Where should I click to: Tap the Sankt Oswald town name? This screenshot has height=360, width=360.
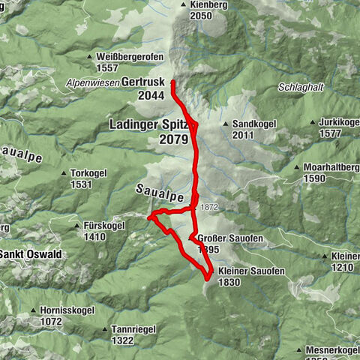[x=31, y=254]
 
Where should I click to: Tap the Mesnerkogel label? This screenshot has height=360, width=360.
[x=333, y=349]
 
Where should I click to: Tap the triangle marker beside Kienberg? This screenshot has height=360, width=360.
[x=182, y=5]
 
